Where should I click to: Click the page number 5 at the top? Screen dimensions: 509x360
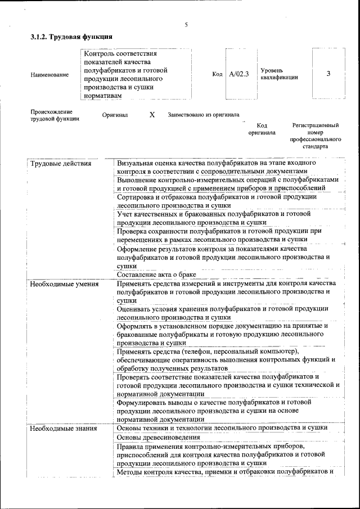click(186, 25)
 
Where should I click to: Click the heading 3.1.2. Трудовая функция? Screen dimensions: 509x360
click(71, 37)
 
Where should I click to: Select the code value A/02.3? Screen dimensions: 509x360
click(239, 74)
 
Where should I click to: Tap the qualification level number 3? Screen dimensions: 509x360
click(328, 74)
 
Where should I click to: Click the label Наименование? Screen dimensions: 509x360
click(49, 74)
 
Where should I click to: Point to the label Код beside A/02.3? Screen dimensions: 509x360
click(218, 74)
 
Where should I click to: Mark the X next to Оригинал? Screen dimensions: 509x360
click(152, 115)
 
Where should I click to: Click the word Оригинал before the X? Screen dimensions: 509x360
click(115, 115)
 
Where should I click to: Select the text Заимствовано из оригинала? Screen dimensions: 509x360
click(203, 115)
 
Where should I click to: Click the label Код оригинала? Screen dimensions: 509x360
click(262, 129)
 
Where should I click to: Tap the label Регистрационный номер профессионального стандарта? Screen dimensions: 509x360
click(315, 136)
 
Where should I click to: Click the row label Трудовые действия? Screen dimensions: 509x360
click(61, 164)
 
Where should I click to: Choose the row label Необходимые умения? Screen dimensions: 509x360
click(65, 284)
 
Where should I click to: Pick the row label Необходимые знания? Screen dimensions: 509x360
click(64, 429)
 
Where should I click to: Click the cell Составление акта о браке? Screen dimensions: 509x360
click(156, 274)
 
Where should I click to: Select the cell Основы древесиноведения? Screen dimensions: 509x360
click(159, 437)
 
